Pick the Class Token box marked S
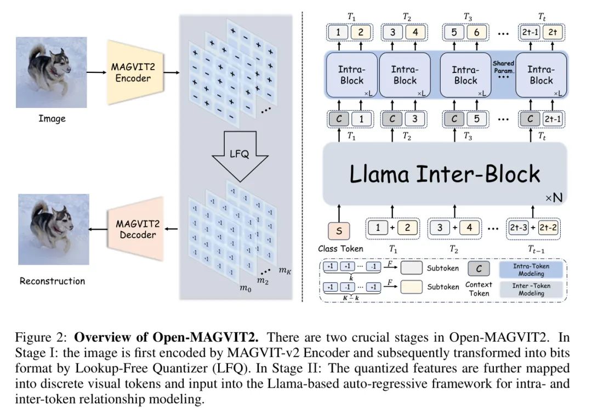click(x=339, y=231)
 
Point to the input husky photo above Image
click(x=51, y=72)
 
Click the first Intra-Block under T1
click(x=351, y=75)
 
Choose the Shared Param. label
click(x=503, y=67)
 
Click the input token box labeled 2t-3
click(x=519, y=227)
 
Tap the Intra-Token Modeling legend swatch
click(x=532, y=269)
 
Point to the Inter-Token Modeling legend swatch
click(x=532, y=289)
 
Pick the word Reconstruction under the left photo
click(x=53, y=281)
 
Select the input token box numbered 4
click(x=467, y=227)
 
